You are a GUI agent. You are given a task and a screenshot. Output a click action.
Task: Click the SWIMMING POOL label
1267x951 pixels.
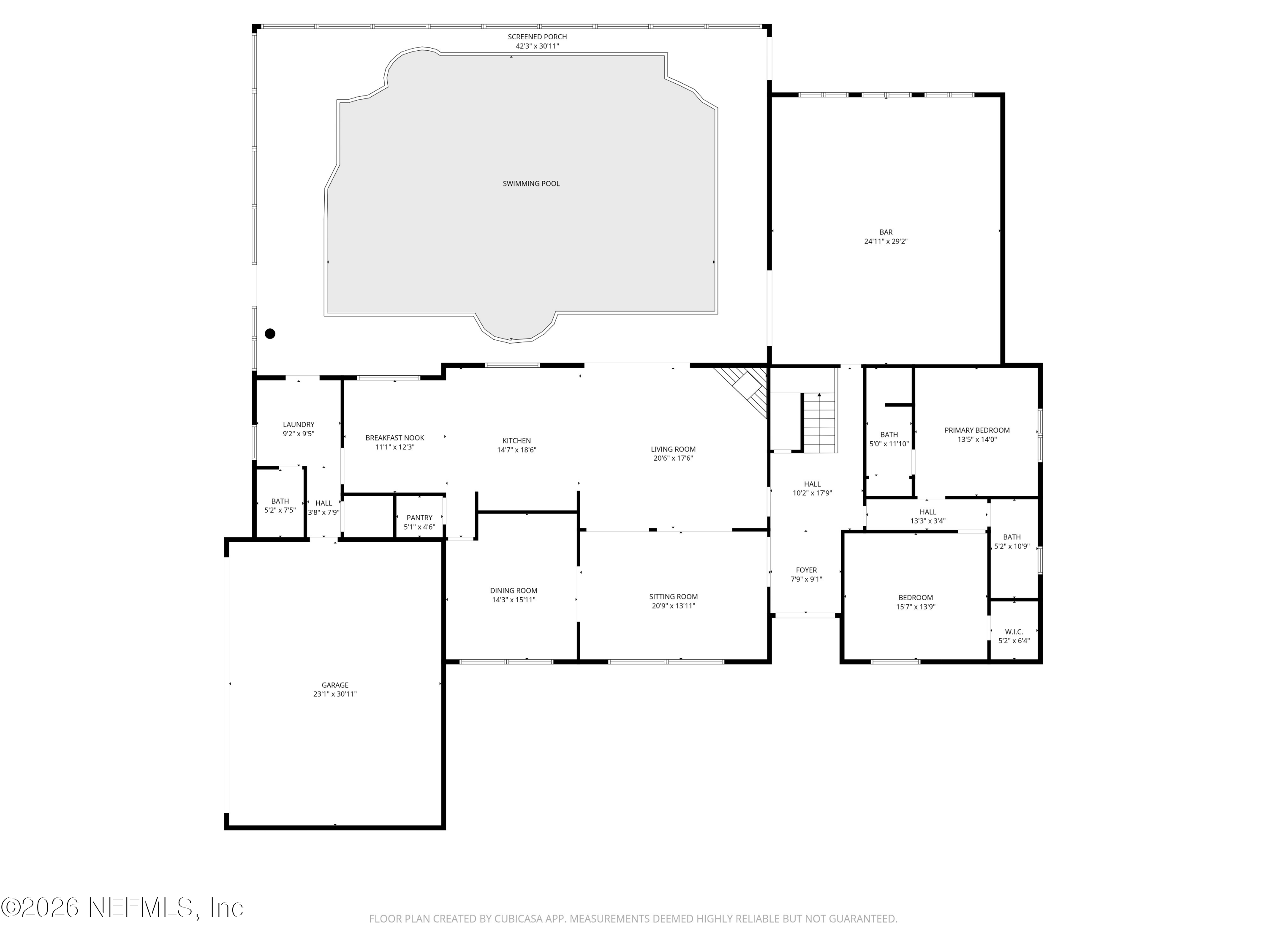coord(531,183)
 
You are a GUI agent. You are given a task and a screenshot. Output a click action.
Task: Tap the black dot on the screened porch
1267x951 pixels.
coord(270,333)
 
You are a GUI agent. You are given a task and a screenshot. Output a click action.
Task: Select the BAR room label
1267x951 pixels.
coord(886,232)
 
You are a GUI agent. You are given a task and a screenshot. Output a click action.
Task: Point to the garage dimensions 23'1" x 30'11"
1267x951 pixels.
coord(334,694)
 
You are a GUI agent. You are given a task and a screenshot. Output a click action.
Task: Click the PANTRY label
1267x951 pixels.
coord(419,518)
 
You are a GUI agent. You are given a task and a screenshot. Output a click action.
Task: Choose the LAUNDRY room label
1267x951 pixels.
coord(299,425)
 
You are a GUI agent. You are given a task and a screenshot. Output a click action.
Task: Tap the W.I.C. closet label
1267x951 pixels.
coord(1014,632)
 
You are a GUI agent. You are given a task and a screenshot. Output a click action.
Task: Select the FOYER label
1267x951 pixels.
coord(806,570)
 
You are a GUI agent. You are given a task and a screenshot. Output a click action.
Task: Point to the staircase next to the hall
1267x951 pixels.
coord(820,423)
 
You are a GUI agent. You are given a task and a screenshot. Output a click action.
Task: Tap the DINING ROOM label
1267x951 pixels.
coord(513,590)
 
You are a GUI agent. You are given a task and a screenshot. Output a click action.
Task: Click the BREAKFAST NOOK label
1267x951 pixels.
coord(394,438)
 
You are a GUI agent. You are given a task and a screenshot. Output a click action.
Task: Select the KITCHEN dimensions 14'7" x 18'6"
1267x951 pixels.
coord(516,450)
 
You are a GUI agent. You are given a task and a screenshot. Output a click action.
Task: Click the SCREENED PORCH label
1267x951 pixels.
coord(537,37)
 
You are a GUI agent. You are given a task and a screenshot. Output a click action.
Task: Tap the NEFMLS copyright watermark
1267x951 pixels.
coord(122,907)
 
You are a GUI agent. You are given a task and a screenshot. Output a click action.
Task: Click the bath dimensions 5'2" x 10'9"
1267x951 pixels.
coord(1011,546)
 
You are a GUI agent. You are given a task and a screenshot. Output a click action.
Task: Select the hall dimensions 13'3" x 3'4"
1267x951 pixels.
coord(927,521)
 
